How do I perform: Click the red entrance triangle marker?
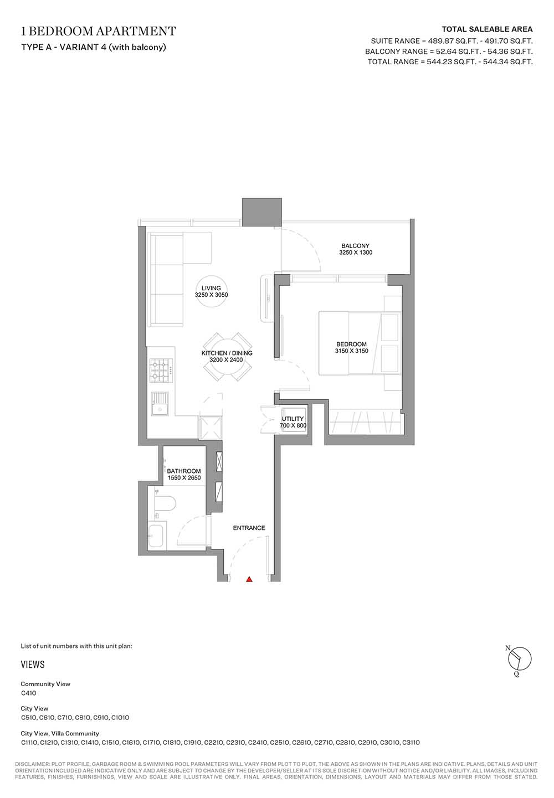[x=249, y=579]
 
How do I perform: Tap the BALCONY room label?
[x=355, y=246]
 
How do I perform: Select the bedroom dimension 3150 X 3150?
[x=351, y=351]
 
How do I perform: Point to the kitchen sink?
[x=160, y=403]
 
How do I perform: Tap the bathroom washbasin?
[x=156, y=537]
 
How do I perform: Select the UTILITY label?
[x=293, y=419]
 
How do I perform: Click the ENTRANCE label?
[x=249, y=528]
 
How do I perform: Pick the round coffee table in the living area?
[x=212, y=291]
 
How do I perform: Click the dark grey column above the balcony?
[x=261, y=212]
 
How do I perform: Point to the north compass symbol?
[x=519, y=658]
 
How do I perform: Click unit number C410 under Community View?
[x=28, y=693]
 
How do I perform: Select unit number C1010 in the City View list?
[x=120, y=718]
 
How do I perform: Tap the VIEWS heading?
[x=33, y=665]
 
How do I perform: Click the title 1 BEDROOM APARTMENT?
[x=99, y=31]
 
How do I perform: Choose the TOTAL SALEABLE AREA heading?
[x=488, y=29]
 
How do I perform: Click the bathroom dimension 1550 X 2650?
[x=184, y=478]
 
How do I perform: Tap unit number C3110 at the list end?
[x=411, y=743]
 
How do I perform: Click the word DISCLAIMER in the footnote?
[x=32, y=764]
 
